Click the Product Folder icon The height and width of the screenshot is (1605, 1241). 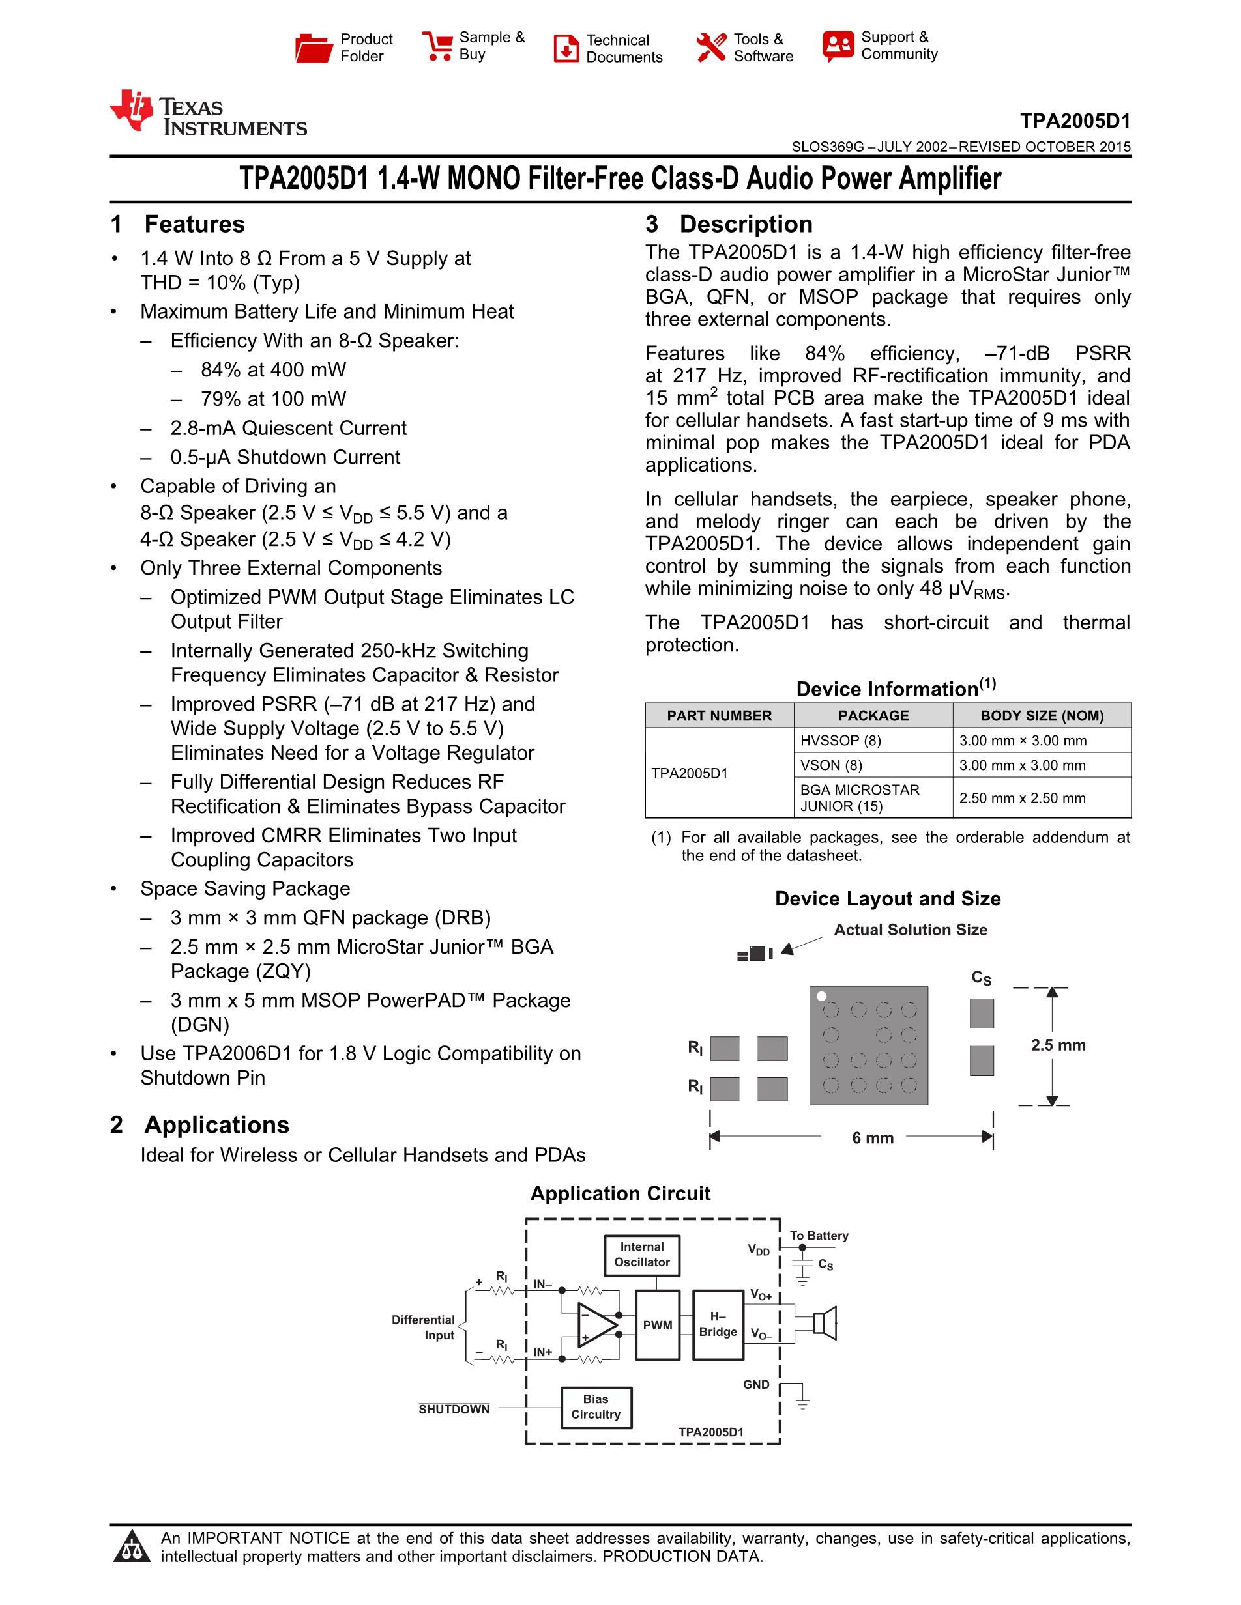click(x=314, y=47)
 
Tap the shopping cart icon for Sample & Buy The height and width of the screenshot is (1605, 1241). click(x=437, y=46)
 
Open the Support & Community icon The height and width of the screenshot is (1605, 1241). click(x=838, y=46)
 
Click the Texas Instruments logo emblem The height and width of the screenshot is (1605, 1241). click(x=132, y=110)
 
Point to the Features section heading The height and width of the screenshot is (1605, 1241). click(x=194, y=224)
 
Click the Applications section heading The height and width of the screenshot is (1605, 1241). click(x=216, y=1125)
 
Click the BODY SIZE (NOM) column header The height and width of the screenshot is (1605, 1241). click(x=1041, y=716)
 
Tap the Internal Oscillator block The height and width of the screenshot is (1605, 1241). click(x=642, y=1255)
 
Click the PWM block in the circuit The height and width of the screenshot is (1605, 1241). click(x=657, y=1325)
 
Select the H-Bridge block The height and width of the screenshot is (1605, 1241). click(x=718, y=1324)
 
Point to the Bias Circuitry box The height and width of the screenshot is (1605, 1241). click(x=596, y=1406)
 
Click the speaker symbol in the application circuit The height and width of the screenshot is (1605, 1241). click(x=825, y=1324)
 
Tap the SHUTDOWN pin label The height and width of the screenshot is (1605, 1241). click(x=454, y=1409)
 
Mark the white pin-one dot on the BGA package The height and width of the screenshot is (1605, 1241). click(x=822, y=997)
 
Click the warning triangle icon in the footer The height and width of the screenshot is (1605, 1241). click(x=132, y=1547)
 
